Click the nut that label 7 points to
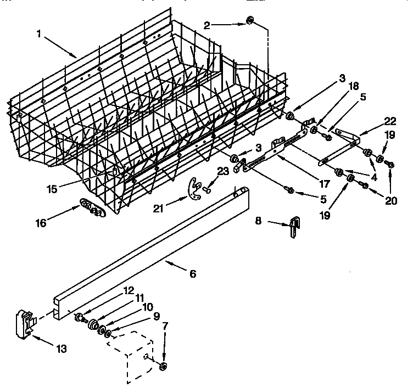coord(164,365)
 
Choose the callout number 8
coord(259,221)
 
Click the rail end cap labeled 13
coord(23,323)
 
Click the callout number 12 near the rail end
coord(128,290)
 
